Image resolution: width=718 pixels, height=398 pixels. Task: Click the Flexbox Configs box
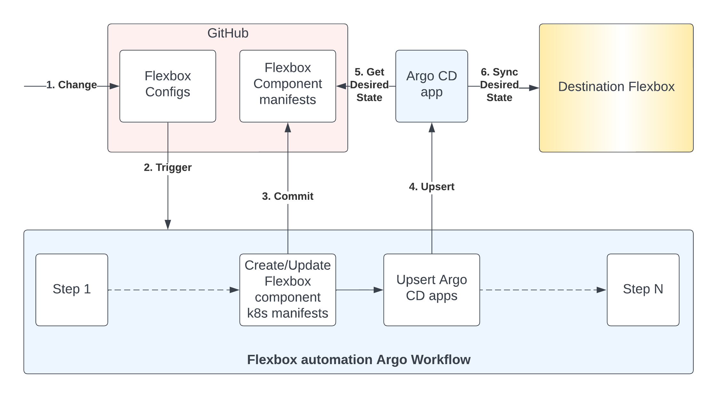(168, 86)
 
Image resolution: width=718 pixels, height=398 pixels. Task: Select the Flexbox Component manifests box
(288, 86)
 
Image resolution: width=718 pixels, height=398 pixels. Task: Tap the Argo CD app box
(432, 86)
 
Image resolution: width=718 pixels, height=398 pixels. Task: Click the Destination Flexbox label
(616, 87)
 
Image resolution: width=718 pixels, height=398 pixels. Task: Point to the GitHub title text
(228, 33)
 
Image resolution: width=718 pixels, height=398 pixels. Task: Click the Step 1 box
(72, 290)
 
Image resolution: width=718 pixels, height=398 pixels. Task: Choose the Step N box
(643, 290)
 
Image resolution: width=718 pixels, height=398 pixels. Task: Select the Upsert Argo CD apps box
(432, 290)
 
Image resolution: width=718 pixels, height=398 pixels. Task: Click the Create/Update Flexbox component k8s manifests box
(288, 290)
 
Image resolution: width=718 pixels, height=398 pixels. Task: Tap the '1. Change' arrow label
(72, 85)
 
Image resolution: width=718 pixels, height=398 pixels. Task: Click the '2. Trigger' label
(168, 168)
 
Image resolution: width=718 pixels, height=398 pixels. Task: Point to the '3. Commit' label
(288, 196)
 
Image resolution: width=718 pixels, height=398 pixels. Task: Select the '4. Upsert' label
(432, 187)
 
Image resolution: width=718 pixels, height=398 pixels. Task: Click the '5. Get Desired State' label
(369, 85)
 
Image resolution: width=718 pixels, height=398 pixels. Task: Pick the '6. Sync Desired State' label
(499, 85)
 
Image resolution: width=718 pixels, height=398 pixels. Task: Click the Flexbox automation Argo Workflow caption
(359, 360)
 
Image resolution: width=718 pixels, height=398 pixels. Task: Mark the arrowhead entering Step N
(602, 290)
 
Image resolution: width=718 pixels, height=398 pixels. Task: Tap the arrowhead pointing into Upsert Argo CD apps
(379, 290)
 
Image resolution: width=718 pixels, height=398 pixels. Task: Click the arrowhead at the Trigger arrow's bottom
(168, 225)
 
